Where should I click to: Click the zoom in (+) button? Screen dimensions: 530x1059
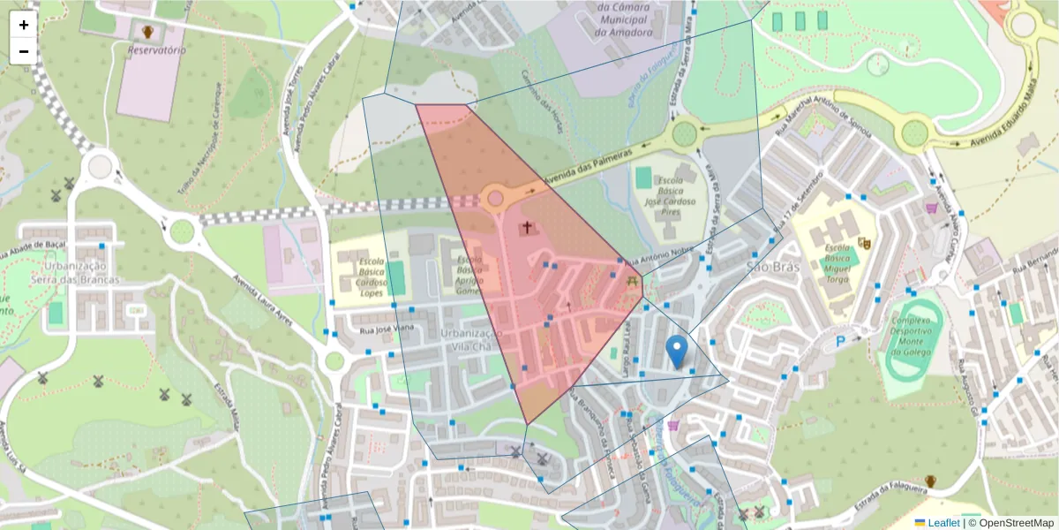tap(24, 25)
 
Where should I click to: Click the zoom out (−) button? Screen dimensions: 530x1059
tap(24, 51)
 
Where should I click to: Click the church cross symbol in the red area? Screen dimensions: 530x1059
tap(527, 228)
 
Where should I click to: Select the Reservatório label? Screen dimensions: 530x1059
tap(156, 50)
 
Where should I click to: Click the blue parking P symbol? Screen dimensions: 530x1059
tap(840, 341)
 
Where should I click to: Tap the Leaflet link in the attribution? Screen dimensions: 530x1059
tap(943, 522)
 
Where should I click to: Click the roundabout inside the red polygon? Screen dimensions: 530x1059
tap(494, 197)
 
